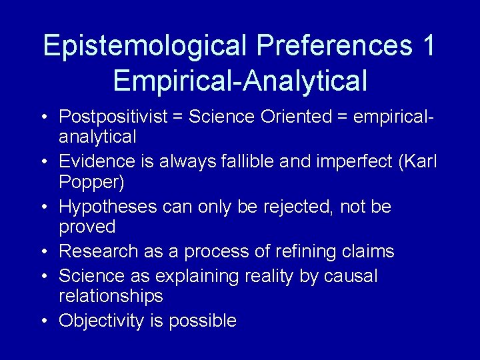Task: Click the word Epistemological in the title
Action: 145,46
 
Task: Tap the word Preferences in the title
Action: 334,46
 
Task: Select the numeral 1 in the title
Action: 428,45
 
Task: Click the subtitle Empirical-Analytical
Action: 240,81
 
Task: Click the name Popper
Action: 91,182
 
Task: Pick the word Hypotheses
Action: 109,207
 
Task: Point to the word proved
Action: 87,227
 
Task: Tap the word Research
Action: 99,251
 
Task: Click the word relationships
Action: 111,295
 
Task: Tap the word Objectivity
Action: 101,321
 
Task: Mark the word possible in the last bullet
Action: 203,321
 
